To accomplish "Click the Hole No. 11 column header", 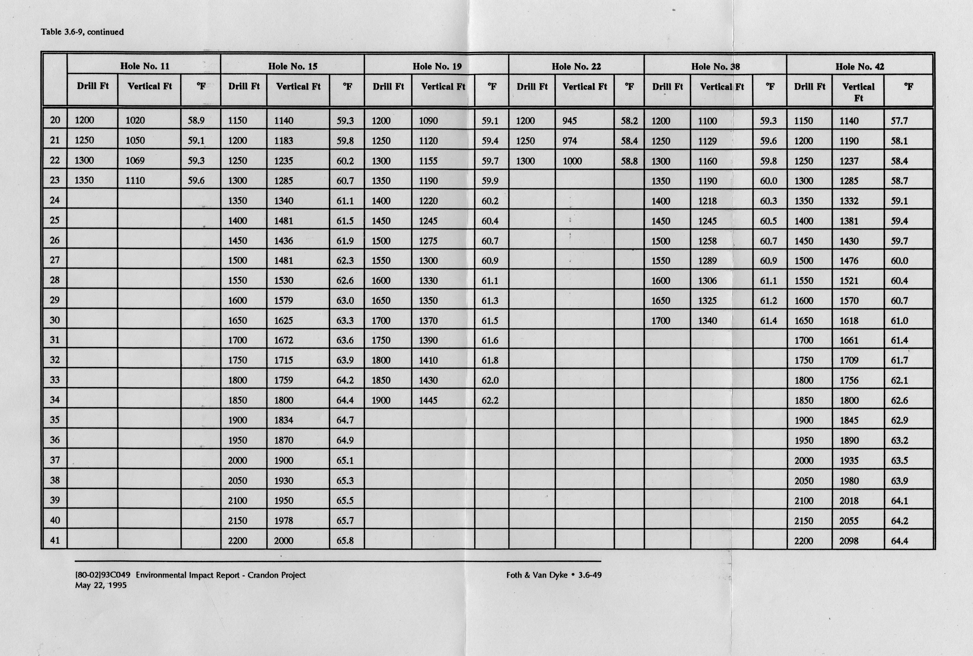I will [145, 66].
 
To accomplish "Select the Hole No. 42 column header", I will [860, 66].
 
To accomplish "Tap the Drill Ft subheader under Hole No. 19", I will [388, 87].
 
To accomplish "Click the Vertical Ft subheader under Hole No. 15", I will [298, 87].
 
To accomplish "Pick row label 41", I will [55, 540].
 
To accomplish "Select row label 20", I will [55, 120].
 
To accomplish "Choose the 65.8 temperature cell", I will [345, 540].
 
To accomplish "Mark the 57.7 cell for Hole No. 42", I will [899, 121].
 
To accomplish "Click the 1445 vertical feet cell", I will [428, 400].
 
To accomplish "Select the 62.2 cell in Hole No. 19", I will [490, 400].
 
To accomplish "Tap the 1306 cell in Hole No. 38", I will [707, 281].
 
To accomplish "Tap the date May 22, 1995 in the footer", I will [101, 585].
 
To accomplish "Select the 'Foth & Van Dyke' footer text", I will [537, 575].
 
